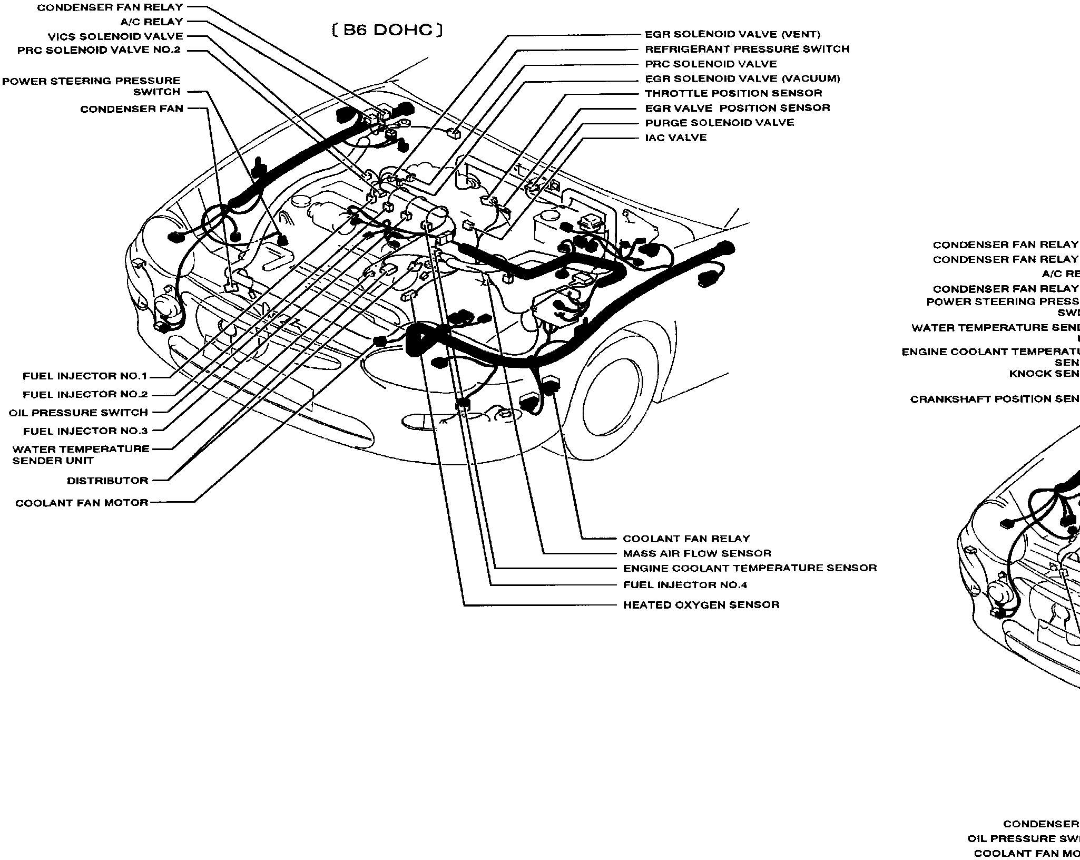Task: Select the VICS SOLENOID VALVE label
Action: click(x=115, y=36)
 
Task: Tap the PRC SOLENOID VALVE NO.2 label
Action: click(x=99, y=50)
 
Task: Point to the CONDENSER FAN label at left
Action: click(x=132, y=109)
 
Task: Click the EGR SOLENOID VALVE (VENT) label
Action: click(x=732, y=35)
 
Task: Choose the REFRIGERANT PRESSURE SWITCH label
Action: click(x=747, y=49)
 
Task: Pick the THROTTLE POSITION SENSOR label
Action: click(x=733, y=93)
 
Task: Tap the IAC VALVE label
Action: click(x=676, y=138)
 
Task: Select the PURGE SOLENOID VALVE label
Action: click(x=719, y=123)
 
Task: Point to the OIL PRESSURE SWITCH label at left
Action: click(x=78, y=413)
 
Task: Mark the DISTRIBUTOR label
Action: click(x=107, y=481)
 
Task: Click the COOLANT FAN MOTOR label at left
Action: click(x=82, y=503)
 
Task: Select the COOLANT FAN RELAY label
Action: click(x=686, y=539)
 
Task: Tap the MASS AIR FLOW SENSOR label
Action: click(x=696, y=553)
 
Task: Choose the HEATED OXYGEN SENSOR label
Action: click(x=701, y=604)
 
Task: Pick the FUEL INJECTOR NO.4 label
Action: click(x=685, y=584)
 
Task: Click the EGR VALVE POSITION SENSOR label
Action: click(x=737, y=108)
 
